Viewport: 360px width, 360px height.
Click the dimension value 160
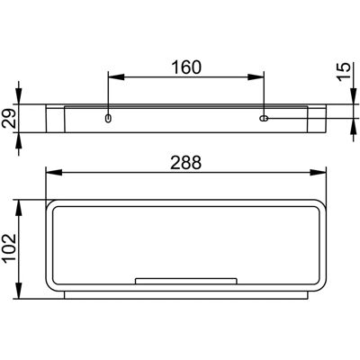186,67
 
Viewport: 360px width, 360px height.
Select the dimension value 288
186,163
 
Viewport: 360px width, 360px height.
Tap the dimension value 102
9,249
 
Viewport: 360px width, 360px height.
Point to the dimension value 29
9,118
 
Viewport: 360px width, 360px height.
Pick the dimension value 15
344,71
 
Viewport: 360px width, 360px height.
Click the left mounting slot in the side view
108,118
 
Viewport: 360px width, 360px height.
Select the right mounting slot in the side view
264,118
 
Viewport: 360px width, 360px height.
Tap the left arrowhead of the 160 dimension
116,77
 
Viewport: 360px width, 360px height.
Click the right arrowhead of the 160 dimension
256,77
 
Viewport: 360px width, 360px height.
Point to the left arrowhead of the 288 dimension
54,173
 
